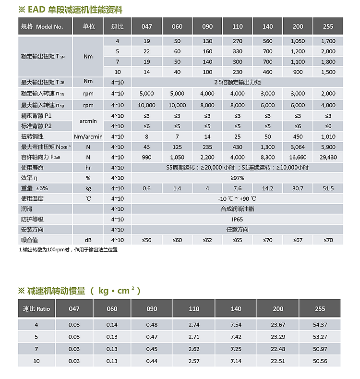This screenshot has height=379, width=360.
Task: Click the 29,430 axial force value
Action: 328,157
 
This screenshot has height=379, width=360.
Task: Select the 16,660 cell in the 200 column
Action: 298,157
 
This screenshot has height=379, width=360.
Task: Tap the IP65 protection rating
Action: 238,219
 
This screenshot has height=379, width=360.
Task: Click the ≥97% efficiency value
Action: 238,178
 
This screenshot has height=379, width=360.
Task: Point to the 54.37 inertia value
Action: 320,325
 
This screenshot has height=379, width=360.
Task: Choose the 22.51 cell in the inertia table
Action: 278,361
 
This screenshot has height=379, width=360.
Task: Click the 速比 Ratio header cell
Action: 36,309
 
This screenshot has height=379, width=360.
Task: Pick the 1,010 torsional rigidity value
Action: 328,136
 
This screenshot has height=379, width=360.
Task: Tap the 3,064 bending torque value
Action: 298,147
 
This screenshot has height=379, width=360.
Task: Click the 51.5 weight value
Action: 328,188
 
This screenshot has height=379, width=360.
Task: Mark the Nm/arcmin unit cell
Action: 88,136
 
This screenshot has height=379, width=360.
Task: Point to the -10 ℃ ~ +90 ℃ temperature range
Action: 238,198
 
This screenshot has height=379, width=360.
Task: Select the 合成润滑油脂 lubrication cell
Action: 238,209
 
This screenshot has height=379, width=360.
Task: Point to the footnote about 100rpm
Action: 68,250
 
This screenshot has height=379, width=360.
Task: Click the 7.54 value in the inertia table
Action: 236,325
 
